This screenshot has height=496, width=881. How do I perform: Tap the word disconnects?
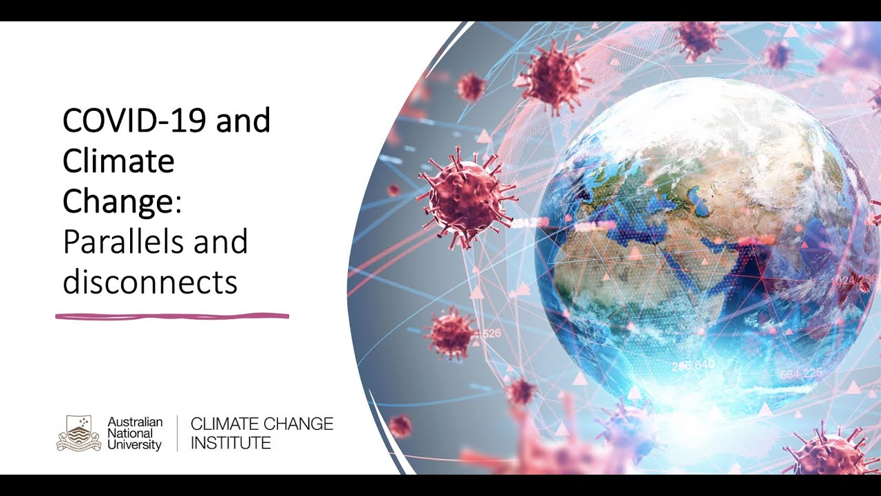tap(150, 282)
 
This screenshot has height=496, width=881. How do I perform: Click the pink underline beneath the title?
tap(172, 316)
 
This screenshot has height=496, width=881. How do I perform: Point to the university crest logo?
tap(78, 433)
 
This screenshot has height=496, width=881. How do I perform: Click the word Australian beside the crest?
tap(135, 422)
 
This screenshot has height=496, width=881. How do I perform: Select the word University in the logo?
tap(134, 445)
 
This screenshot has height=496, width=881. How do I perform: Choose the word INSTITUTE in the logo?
tap(231, 443)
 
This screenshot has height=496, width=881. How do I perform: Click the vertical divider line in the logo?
tap(177, 433)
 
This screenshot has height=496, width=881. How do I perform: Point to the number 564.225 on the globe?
tap(801, 374)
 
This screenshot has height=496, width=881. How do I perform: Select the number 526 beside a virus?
tap(489, 333)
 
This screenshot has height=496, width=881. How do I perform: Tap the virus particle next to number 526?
tap(451, 333)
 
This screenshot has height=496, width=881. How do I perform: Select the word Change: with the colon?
tap(122, 201)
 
